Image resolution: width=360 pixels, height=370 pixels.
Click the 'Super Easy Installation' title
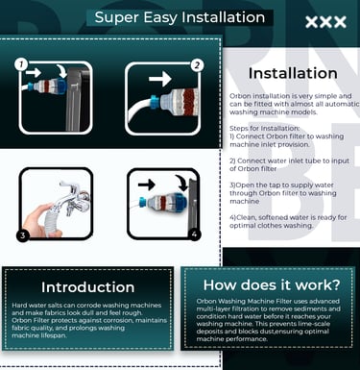click(180, 17)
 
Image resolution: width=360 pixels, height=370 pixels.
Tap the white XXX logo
click(325, 22)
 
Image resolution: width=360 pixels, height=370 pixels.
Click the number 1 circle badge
click(21, 64)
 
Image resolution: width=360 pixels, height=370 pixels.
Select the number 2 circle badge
click(197, 65)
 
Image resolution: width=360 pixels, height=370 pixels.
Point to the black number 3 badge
click(23, 235)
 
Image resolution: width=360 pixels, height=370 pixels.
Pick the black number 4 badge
click(194, 234)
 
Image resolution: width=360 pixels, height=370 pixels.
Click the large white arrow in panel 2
click(160, 79)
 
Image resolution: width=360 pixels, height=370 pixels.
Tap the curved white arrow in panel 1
click(61, 70)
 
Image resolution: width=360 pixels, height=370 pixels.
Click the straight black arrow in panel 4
click(147, 185)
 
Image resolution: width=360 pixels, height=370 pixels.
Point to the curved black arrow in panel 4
click(182, 183)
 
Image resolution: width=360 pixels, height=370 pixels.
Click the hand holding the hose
click(40, 221)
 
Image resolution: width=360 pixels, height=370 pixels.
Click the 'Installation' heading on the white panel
click(293, 73)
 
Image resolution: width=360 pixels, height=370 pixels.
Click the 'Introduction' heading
click(87, 287)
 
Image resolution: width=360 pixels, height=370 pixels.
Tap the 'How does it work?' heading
click(272, 284)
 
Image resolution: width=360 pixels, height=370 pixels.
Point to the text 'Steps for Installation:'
click(265, 128)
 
